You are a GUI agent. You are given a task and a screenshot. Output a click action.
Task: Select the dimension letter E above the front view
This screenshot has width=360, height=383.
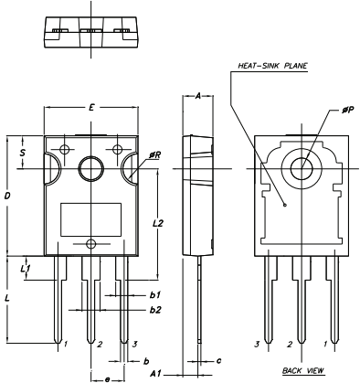pos(90,108)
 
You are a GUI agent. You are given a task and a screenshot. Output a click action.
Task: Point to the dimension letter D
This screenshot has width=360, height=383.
pos(8,197)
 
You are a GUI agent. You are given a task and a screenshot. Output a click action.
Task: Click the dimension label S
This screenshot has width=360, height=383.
pos(23,154)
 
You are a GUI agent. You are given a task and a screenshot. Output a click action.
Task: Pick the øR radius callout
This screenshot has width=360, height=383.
pos(156,156)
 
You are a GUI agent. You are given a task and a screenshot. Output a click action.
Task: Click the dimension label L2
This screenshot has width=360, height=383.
pos(158,223)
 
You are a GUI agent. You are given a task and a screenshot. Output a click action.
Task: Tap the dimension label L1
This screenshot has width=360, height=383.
pos(26,268)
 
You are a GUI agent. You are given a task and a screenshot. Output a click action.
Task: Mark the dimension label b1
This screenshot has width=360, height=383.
pos(155,295)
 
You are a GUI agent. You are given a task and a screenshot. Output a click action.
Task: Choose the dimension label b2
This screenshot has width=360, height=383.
pos(155,310)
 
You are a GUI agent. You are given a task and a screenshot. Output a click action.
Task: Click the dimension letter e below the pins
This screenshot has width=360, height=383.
pos(107,377)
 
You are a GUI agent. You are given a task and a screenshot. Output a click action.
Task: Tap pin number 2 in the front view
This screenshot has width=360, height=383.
pos(100,345)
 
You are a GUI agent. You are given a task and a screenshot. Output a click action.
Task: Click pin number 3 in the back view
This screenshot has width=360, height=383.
pos(258,345)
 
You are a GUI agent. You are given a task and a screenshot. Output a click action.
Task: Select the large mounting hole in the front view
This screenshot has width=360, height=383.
pos(90,168)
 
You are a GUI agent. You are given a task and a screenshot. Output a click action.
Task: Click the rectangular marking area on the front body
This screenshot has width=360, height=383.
pos(90,220)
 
